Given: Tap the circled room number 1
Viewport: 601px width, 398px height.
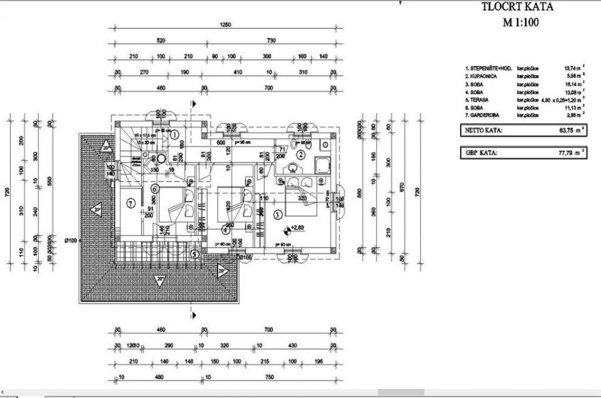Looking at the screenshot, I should [x=175, y=133].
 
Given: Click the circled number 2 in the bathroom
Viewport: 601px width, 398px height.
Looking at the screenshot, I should [x=300, y=155].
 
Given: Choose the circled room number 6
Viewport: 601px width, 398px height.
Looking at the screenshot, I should [x=155, y=187].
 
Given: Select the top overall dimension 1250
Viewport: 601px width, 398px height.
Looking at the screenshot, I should [x=225, y=26].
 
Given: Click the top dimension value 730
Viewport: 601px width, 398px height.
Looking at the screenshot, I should [x=271, y=41].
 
